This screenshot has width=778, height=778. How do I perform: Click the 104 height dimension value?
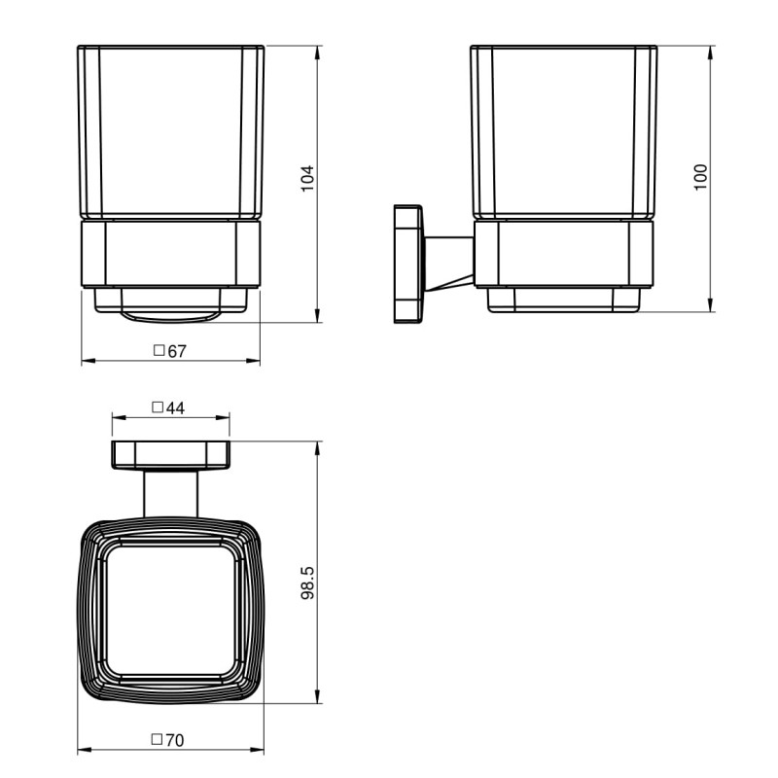click(x=307, y=178)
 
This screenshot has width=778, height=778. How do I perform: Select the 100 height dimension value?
click(x=700, y=177)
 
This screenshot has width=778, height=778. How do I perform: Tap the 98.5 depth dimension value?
click(x=307, y=583)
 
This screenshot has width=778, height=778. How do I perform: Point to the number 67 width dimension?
click(x=177, y=351)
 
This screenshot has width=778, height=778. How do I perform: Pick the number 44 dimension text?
click(x=175, y=407)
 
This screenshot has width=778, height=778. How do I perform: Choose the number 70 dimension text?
click(x=175, y=740)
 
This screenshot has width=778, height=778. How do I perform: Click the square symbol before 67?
click(x=159, y=350)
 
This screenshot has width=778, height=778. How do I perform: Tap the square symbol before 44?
click(x=158, y=407)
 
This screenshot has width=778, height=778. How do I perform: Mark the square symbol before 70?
click(x=157, y=739)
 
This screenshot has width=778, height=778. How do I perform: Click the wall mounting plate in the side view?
click(x=408, y=264)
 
